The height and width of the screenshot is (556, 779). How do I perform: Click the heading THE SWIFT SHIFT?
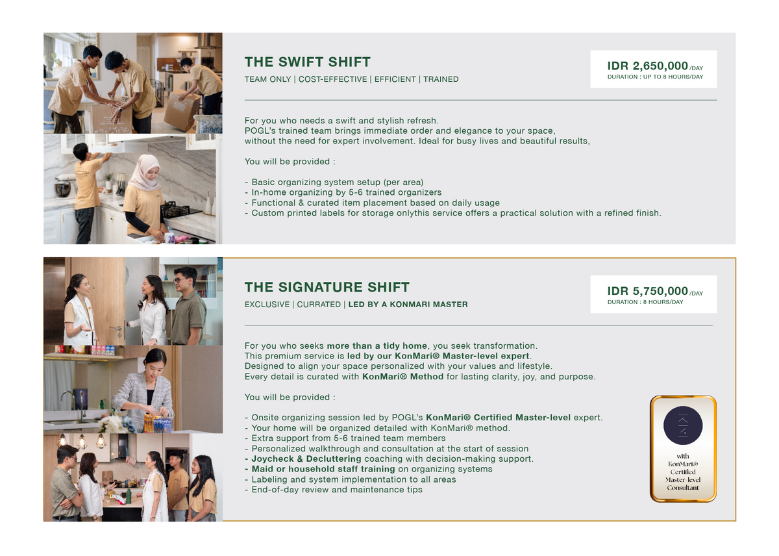pyautogui.click(x=308, y=62)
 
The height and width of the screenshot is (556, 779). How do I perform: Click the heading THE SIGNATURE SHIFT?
pyautogui.click(x=327, y=287)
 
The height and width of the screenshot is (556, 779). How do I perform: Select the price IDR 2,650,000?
pyautogui.click(x=648, y=66)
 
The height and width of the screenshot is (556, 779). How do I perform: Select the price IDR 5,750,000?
pyautogui.click(x=648, y=291)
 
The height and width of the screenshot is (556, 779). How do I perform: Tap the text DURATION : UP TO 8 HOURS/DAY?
pyautogui.click(x=655, y=77)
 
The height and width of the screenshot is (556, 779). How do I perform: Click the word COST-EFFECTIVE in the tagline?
pyautogui.click(x=332, y=79)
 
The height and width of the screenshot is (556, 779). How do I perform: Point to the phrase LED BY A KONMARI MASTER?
pyautogui.click(x=408, y=305)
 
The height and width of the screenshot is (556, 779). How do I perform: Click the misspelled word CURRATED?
pyautogui.click(x=319, y=305)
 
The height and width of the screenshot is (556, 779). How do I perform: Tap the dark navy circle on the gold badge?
pyautogui.click(x=683, y=425)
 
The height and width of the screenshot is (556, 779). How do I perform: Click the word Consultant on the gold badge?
pyautogui.click(x=683, y=487)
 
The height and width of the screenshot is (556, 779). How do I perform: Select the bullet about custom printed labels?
pyautogui.click(x=453, y=213)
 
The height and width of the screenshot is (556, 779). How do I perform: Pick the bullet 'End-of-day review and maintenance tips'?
pyautogui.click(x=334, y=490)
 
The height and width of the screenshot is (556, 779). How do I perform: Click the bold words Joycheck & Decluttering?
pyautogui.click(x=306, y=459)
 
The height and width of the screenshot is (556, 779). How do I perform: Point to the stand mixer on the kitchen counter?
pyautogui.click(x=63, y=186)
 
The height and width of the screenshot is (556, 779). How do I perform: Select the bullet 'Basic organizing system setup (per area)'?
pyautogui.click(x=334, y=183)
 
